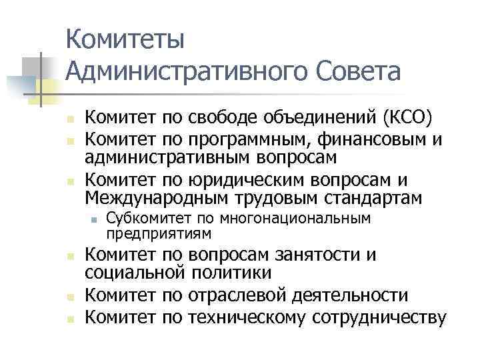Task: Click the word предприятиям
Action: tap(159, 233)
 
